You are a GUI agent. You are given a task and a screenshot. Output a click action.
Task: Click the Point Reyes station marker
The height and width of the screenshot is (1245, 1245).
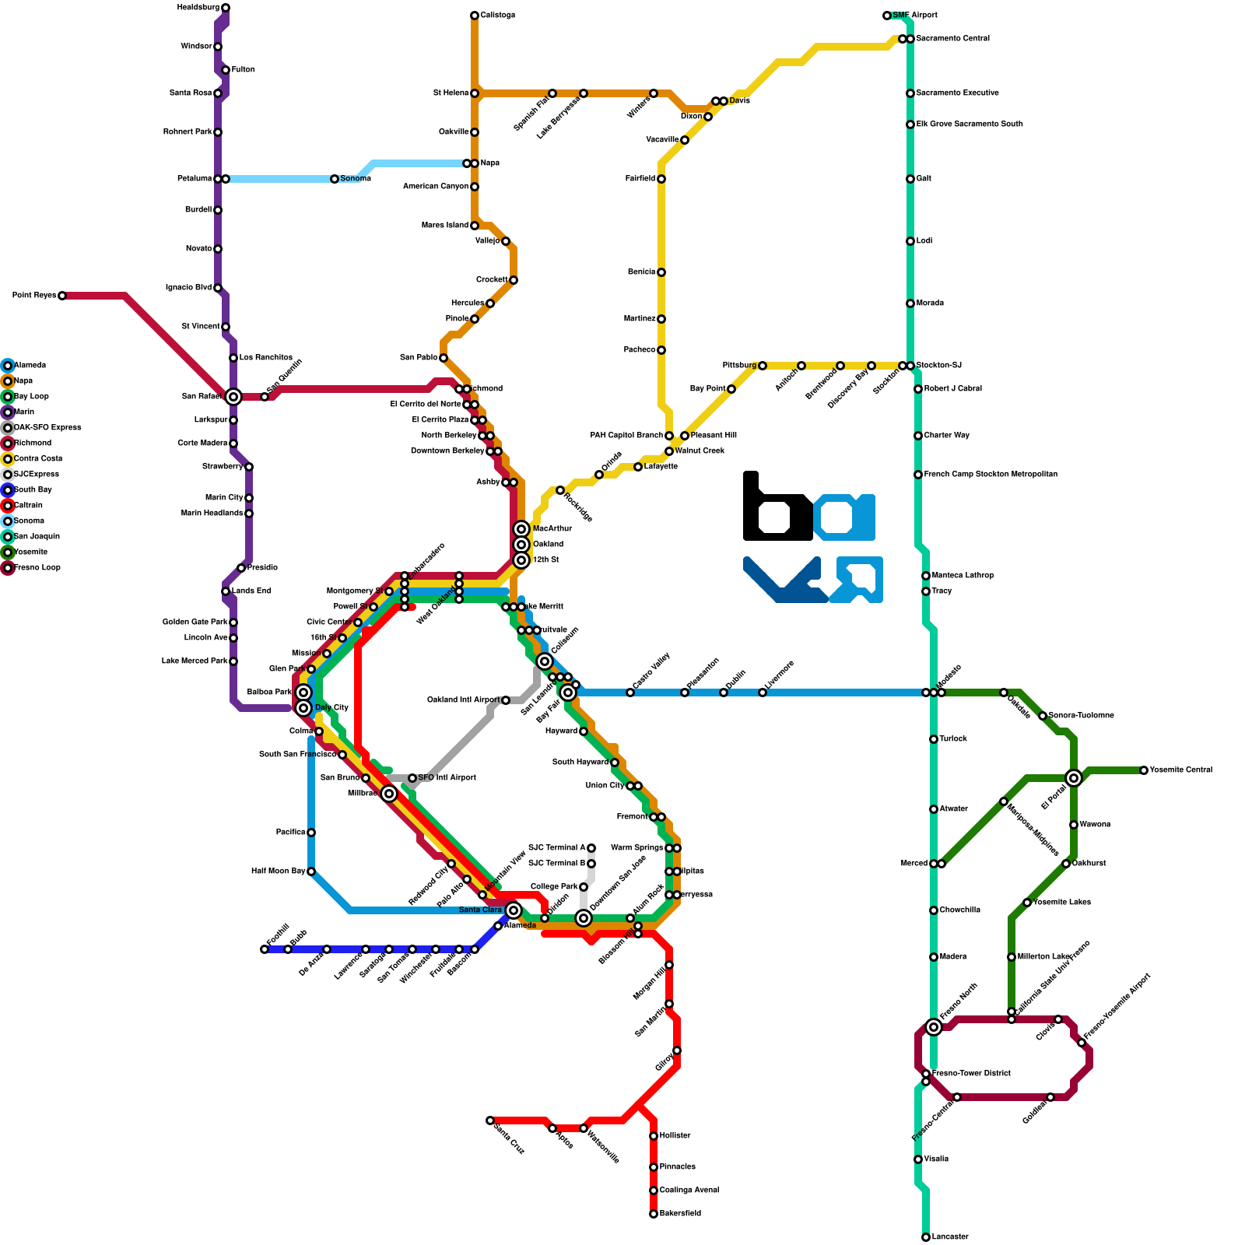pyautogui.click(x=62, y=296)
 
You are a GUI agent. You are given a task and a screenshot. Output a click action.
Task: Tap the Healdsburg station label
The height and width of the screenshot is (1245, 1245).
pyautogui.click(x=198, y=8)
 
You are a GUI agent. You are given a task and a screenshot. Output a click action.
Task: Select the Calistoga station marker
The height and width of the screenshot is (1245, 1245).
pyautogui.click(x=475, y=16)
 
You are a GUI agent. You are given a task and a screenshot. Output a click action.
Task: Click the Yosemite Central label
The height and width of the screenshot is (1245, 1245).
pyautogui.click(x=1180, y=770)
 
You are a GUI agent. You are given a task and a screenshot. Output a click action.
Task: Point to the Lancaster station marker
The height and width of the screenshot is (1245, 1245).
pyautogui.click(x=926, y=1237)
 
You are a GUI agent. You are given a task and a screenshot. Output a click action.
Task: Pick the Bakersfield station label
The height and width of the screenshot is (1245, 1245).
pyautogui.click(x=680, y=1214)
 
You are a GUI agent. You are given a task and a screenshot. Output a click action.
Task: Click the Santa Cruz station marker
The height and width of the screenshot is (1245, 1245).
pyautogui.click(x=490, y=1120)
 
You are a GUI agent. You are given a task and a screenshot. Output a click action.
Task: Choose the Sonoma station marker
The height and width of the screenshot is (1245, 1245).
pyautogui.click(x=335, y=179)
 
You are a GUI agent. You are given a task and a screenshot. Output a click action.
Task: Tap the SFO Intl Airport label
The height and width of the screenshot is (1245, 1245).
pyautogui.click(x=447, y=778)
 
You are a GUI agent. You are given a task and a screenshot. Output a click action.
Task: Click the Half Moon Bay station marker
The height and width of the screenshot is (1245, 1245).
pyautogui.click(x=311, y=871)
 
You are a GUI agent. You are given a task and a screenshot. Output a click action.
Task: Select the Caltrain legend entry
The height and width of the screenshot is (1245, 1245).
pyautogui.click(x=28, y=506)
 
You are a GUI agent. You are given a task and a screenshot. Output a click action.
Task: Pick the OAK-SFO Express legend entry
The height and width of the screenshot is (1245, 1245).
pyautogui.click(x=47, y=428)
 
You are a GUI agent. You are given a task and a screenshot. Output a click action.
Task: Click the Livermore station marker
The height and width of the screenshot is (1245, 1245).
pyautogui.click(x=763, y=693)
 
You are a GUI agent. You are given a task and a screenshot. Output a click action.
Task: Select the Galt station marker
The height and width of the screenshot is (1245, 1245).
pyautogui.click(x=910, y=179)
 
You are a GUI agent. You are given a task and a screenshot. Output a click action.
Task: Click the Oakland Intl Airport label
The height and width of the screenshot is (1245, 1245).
pyautogui.click(x=463, y=700)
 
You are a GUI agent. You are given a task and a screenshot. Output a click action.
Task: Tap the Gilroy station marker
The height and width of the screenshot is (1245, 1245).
pyautogui.click(x=677, y=1050)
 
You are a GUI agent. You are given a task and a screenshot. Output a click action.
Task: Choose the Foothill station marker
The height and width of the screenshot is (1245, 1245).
pyautogui.click(x=265, y=949)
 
